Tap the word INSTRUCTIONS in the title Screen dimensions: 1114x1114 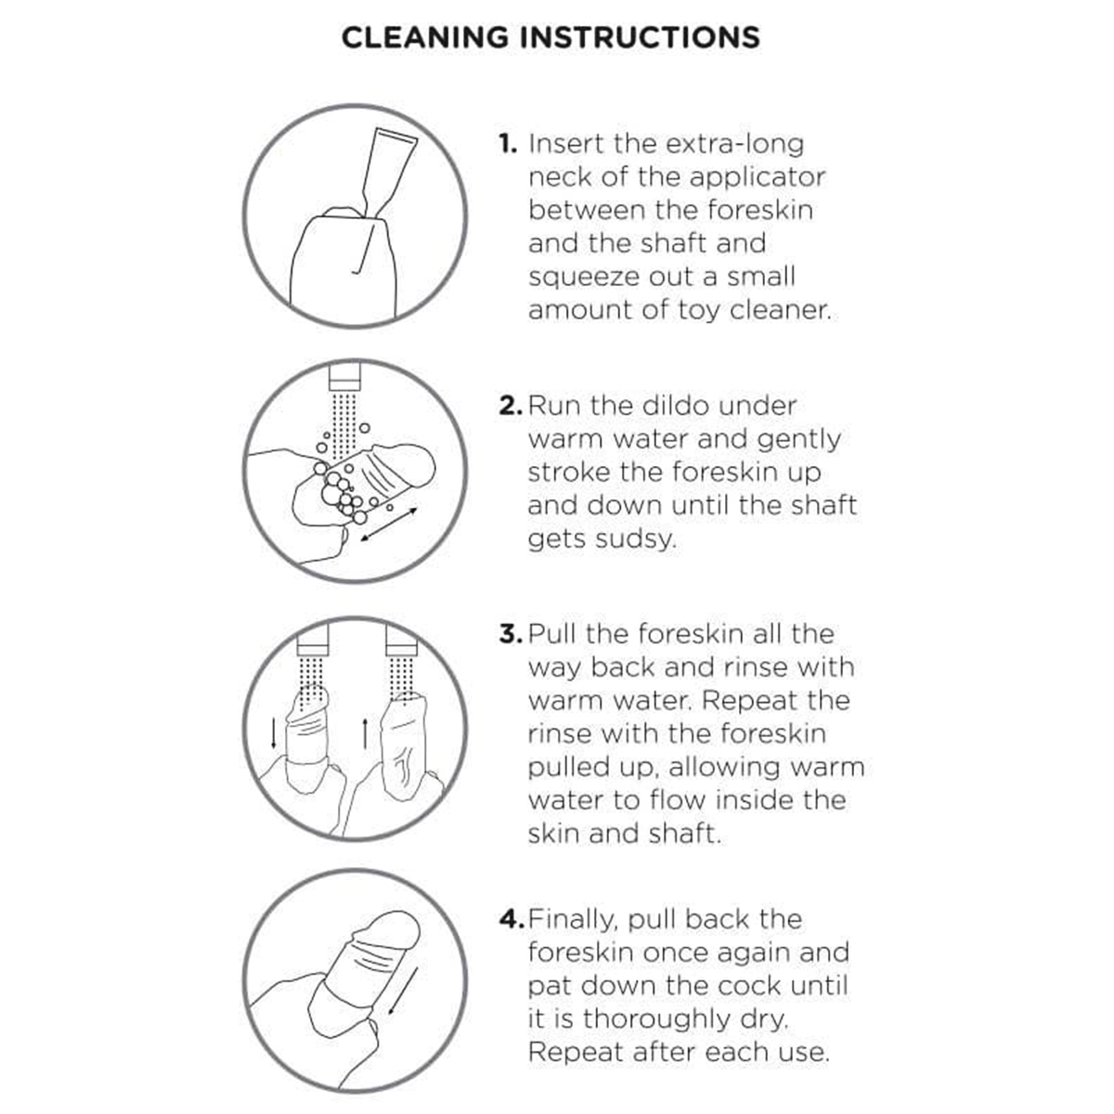click(640, 37)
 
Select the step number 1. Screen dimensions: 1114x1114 click(508, 144)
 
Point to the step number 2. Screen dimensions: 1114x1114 click(511, 406)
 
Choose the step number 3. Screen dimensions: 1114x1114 click(511, 634)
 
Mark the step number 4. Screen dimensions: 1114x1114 click(512, 919)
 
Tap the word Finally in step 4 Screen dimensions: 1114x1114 click(573, 920)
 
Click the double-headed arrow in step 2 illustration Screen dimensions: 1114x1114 click(388, 525)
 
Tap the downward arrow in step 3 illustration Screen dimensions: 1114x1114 click(274, 733)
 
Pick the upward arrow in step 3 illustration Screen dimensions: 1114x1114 click(365, 733)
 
